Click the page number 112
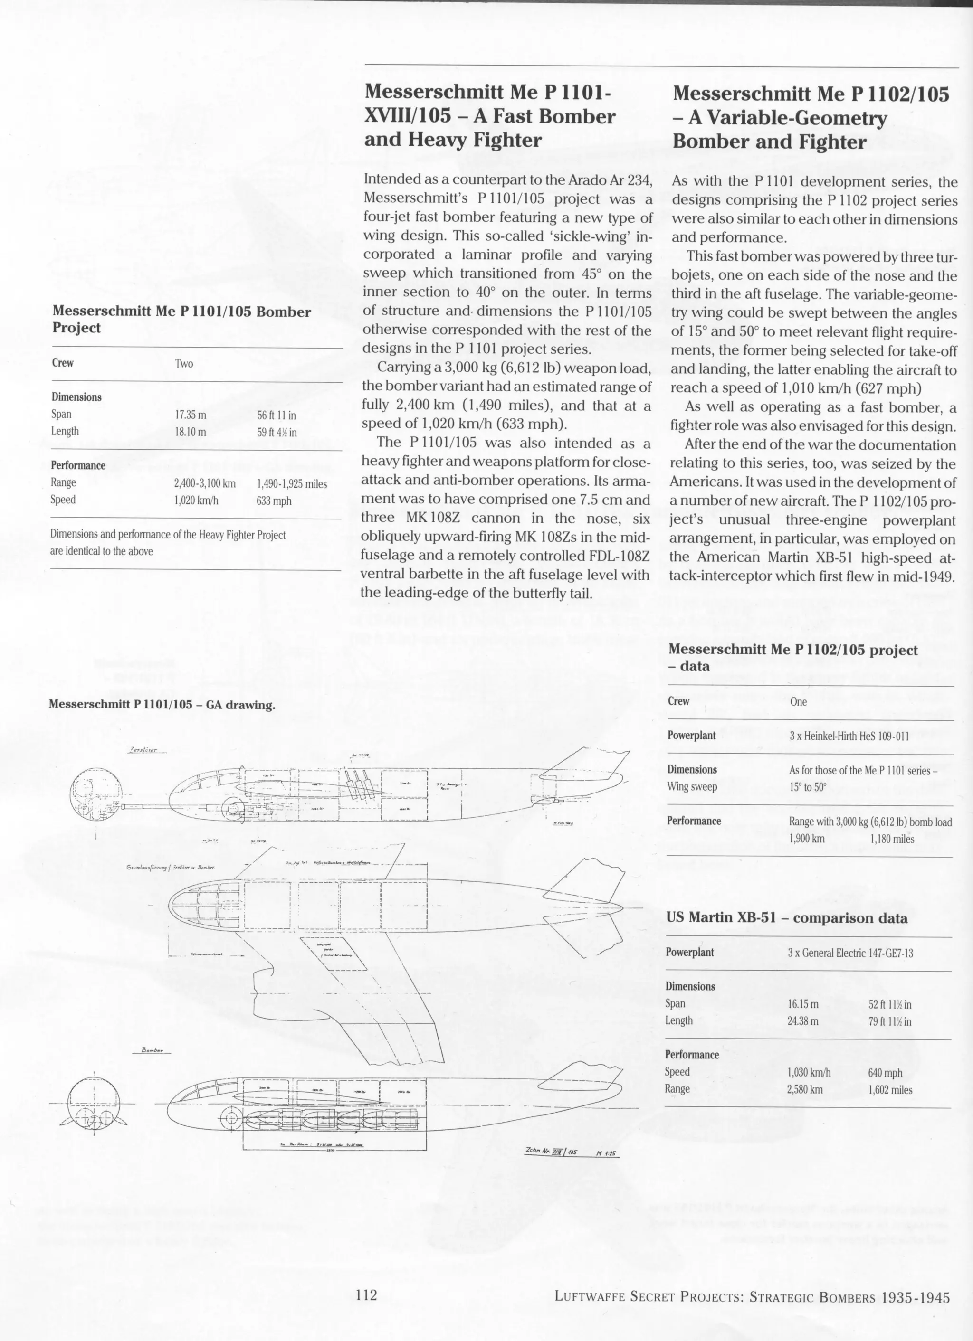click(366, 1295)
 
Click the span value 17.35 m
click(191, 415)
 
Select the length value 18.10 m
click(191, 432)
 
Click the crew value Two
click(184, 364)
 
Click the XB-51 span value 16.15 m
click(802, 1004)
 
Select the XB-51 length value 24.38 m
click(802, 1021)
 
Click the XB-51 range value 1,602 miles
click(890, 1090)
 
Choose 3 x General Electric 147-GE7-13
click(850, 953)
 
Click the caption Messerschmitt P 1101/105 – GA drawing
click(162, 705)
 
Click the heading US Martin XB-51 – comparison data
click(786, 918)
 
